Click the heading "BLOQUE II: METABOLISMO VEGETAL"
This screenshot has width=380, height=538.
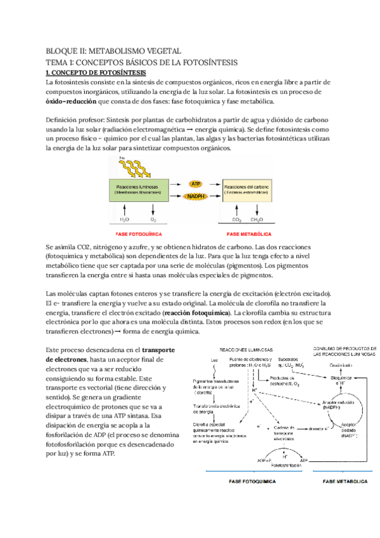point(114,51)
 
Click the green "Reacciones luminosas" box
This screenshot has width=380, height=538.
point(139,190)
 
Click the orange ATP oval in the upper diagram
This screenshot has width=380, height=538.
point(196,183)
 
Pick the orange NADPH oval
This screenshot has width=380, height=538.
point(196,197)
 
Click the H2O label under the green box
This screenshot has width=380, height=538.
point(125,220)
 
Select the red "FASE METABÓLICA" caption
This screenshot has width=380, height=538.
point(250,233)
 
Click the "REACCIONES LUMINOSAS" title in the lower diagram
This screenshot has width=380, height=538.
point(246,350)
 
